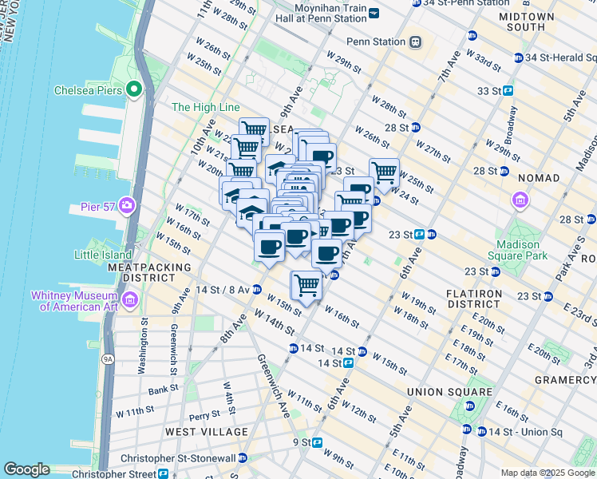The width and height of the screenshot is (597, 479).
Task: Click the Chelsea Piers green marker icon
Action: (134, 89)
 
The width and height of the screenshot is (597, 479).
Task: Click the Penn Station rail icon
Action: (415, 42)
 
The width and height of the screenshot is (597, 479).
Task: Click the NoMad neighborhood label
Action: (539, 177)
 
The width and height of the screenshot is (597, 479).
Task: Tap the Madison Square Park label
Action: (522, 250)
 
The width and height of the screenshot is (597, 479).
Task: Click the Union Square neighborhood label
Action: (449, 392)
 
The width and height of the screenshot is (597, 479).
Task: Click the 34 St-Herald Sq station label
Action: (559, 57)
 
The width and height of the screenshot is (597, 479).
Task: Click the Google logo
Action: (26, 469)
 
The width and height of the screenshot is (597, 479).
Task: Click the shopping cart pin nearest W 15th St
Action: (306, 284)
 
